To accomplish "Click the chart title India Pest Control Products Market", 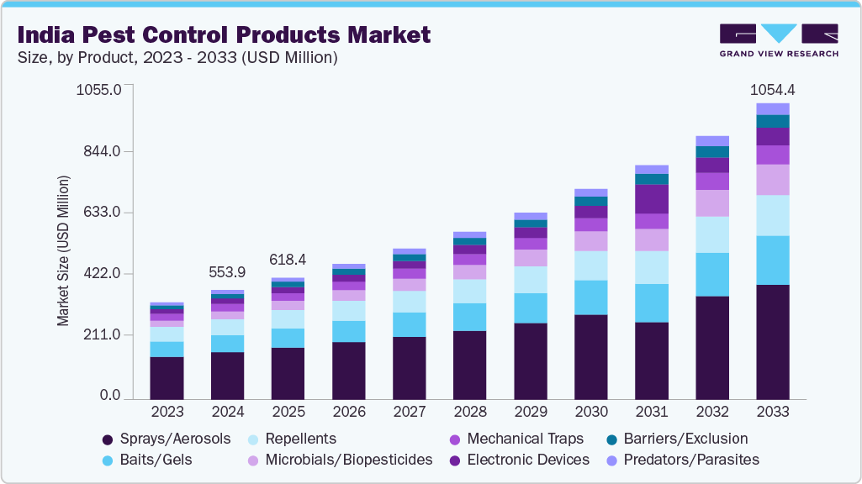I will pyautogui.click(x=224, y=34).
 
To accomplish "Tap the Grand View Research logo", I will pyautogui.click(x=779, y=39).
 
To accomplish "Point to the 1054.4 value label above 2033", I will pyautogui.click(x=772, y=90).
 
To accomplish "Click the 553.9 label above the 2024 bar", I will pyautogui.click(x=227, y=272).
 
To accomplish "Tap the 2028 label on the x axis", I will pyautogui.click(x=469, y=413).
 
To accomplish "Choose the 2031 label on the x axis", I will pyautogui.click(x=651, y=413).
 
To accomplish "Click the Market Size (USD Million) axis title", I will pyautogui.click(x=63, y=250).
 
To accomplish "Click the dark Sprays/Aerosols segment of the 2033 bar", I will pyautogui.click(x=772, y=341).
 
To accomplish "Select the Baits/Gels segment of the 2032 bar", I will pyautogui.click(x=711, y=274).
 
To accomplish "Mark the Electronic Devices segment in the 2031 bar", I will pyautogui.click(x=651, y=198).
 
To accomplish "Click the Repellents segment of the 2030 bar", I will pyautogui.click(x=590, y=266).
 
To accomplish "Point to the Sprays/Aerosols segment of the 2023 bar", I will pyautogui.click(x=167, y=377).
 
